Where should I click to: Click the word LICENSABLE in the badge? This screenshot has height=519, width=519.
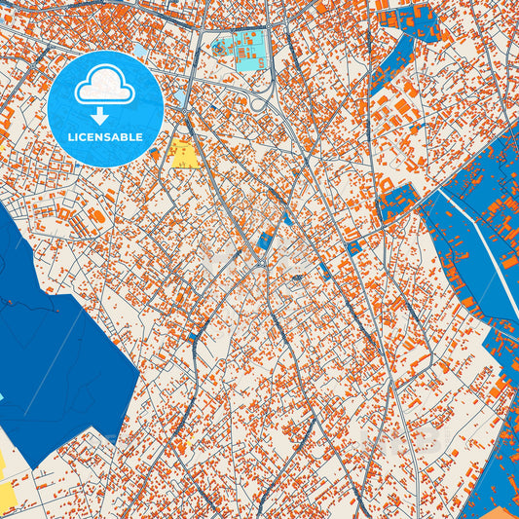(105, 137)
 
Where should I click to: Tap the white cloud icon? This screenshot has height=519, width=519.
(105, 89)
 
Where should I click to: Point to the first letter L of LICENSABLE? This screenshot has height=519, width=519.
(70, 137)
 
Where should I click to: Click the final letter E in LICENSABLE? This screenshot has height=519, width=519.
(140, 137)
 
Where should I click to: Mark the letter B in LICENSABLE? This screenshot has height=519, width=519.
(125, 137)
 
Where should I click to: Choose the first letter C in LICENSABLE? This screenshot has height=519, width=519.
(84, 137)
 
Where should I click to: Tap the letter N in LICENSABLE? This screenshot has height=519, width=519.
(100, 137)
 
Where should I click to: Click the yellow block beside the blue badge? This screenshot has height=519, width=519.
(183, 155)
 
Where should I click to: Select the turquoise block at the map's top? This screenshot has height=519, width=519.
(240, 50)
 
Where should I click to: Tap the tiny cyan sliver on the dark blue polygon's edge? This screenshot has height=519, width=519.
(2, 397)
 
